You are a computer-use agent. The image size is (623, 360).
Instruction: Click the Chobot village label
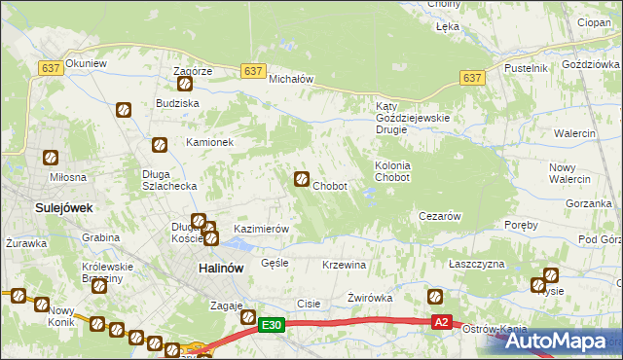tap(331, 186)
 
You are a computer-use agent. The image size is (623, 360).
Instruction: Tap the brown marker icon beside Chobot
tap(303, 179)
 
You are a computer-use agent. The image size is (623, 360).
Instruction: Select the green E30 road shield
tap(273, 325)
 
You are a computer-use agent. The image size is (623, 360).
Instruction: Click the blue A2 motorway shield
tap(442, 322)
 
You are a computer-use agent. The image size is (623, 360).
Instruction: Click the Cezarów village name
tap(438, 216)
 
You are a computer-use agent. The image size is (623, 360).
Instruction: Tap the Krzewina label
tap(344, 265)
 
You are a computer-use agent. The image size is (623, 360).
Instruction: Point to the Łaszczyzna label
tap(476, 265)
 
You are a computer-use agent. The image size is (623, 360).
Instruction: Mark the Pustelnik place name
tap(527, 68)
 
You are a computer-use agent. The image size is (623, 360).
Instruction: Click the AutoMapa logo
tap(557, 342)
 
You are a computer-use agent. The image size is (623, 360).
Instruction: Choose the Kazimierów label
tap(262, 229)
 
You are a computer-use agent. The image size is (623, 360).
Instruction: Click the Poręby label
tap(522, 225)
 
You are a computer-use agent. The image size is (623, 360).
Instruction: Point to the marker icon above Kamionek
tap(162, 145)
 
